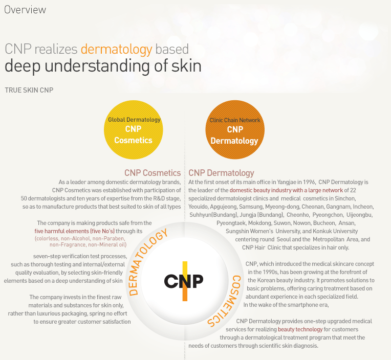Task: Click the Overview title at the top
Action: coord(25,10)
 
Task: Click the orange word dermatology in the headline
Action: coord(116,49)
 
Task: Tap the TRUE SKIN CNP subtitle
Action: coord(29,90)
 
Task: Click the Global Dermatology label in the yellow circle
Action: coord(134,120)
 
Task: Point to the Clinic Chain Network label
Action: coord(235,120)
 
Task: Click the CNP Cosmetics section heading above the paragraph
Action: coord(153,173)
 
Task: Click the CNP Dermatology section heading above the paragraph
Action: coord(221,173)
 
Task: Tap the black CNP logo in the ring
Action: coord(184,281)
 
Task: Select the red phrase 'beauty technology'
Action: coord(299,329)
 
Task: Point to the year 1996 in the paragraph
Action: coord(308,182)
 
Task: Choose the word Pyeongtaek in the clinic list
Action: coord(232,223)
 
